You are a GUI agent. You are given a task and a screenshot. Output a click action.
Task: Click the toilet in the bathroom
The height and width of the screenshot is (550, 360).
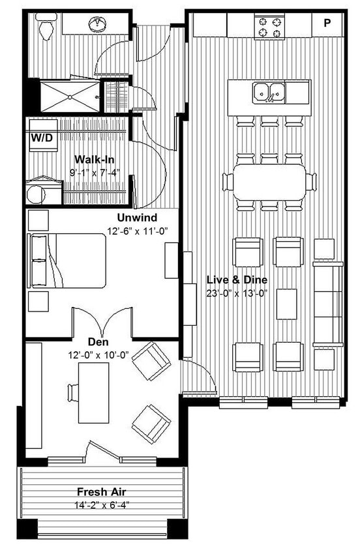pyautogui.click(x=45, y=27)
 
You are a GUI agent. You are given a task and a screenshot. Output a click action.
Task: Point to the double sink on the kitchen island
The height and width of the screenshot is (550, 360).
pyautogui.click(x=268, y=92)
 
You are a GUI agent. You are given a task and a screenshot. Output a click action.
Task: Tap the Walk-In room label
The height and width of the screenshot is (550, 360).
pyautogui.click(x=95, y=159)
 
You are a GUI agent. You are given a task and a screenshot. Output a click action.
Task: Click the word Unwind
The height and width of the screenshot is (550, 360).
pyautogui.click(x=136, y=217)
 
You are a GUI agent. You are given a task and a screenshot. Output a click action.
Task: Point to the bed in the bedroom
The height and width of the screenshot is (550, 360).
pyautogui.click(x=68, y=261)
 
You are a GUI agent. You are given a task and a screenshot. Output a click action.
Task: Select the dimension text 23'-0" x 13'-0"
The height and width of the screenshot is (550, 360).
pyautogui.click(x=237, y=293)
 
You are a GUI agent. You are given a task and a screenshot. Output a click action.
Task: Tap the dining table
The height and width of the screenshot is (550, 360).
pyautogui.click(x=267, y=181)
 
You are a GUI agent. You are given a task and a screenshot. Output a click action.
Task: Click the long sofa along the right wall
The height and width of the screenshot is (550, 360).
pyautogui.click(x=327, y=303)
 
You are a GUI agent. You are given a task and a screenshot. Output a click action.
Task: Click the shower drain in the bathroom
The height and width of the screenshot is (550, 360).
pyautogui.click(x=69, y=95)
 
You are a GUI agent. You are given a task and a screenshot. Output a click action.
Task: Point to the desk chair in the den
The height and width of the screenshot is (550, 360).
pyautogui.click(x=72, y=392)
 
